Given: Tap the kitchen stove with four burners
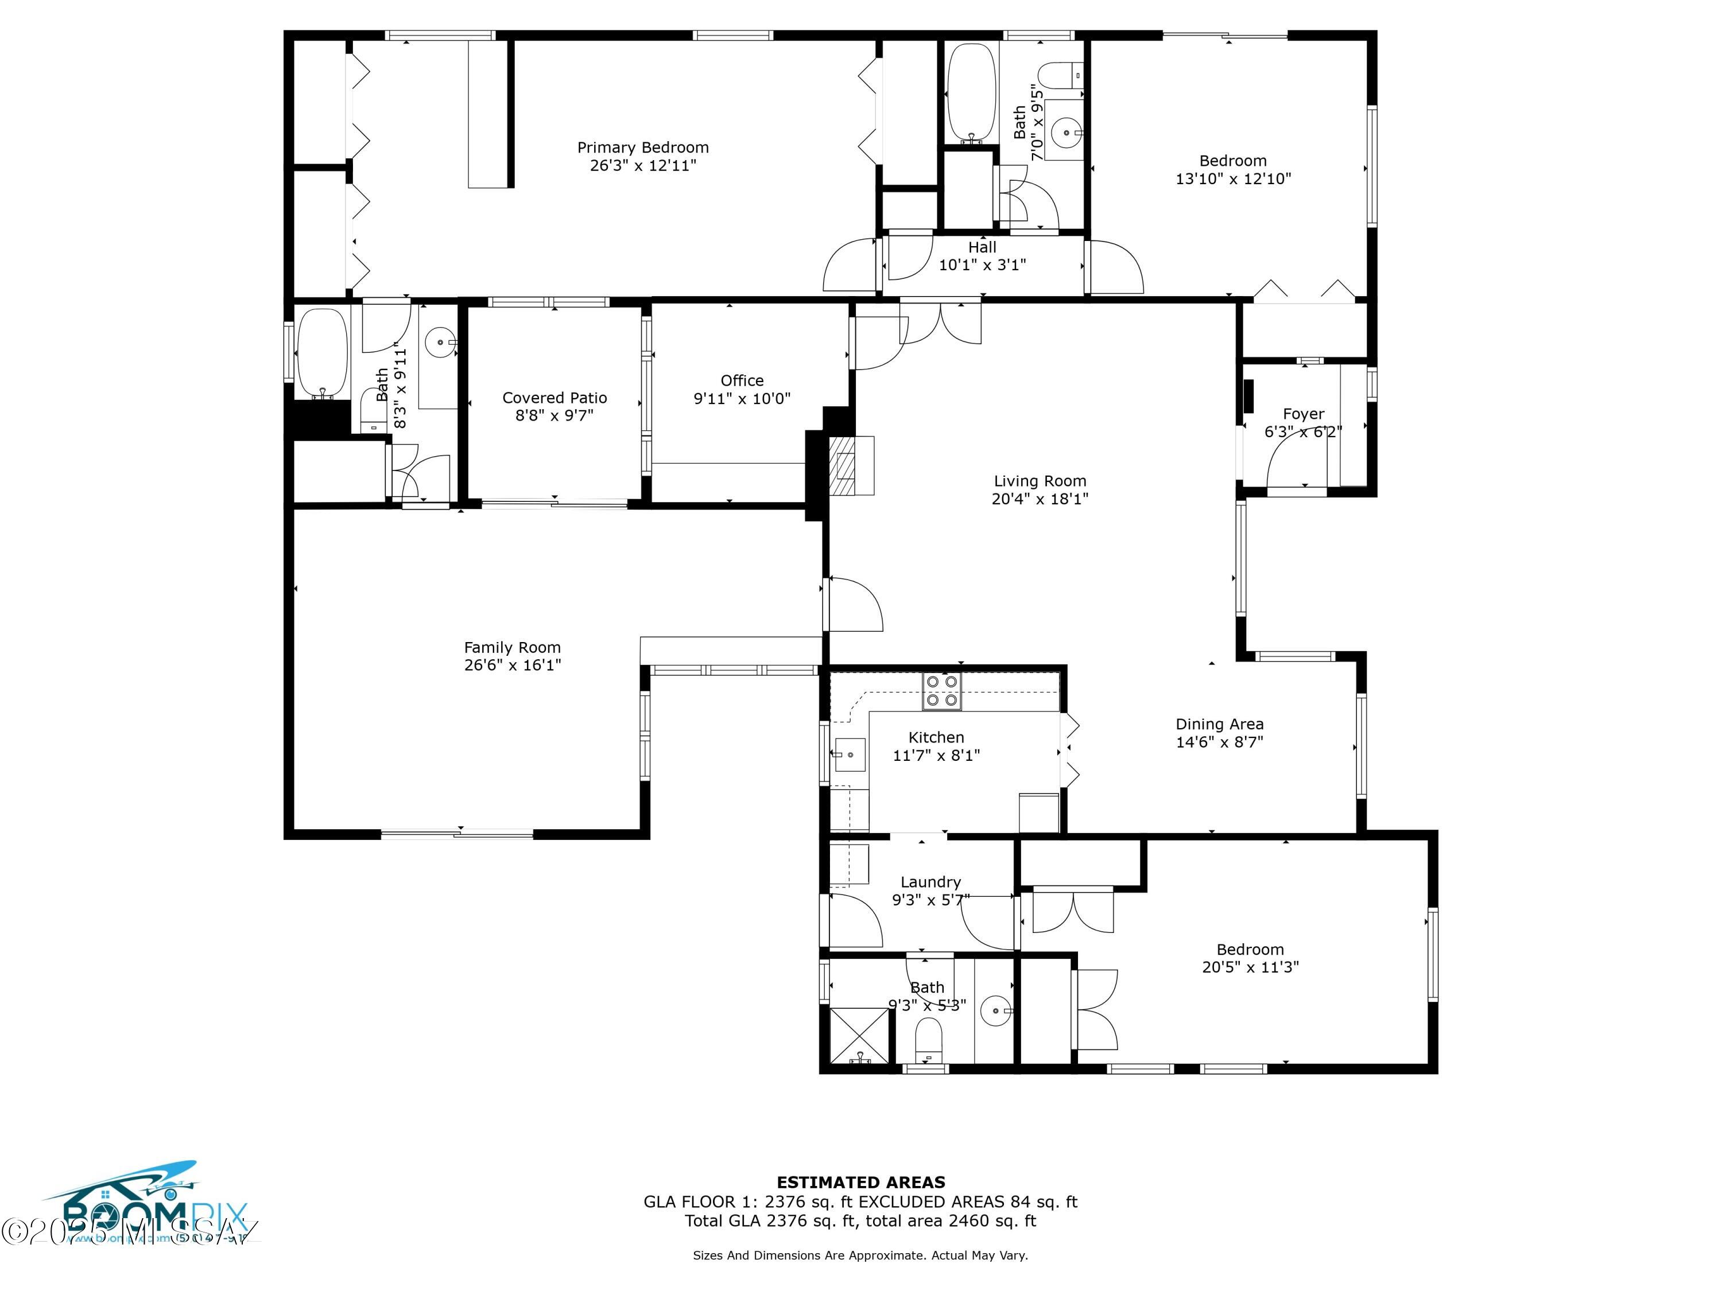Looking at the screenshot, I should pyautogui.click(x=942, y=691).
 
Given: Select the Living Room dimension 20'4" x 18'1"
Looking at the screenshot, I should pyautogui.click(x=1040, y=499).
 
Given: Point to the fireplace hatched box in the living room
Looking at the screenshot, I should pyautogui.click(x=842, y=465).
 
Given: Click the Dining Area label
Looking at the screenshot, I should pyautogui.click(x=1219, y=725).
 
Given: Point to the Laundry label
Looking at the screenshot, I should pyautogui.click(x=930, y=882).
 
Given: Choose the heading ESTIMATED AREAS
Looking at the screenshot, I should pyautogui.click(x=860, y=1183).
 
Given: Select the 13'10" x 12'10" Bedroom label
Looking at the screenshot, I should pyautogui.click(x=1232, y=170).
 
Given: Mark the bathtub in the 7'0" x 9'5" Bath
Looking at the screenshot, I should pyautogui.click(x=971, y=92).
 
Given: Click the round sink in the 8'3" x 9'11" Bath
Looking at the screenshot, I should pyautogui.click(x=441, y=341).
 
